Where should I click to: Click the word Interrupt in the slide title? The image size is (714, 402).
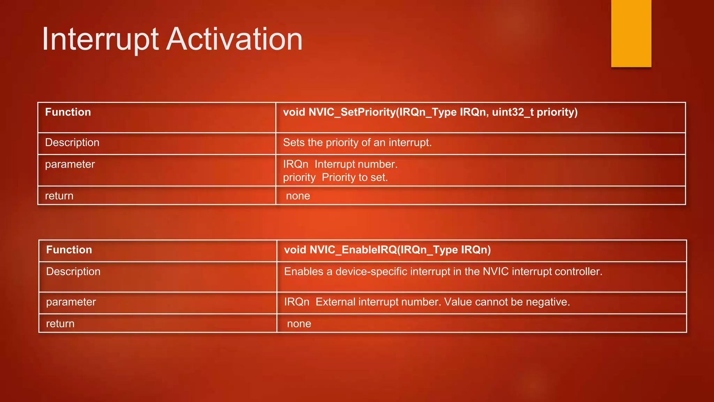(x=100, y=39)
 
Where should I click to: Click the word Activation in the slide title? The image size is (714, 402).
(x=234, y=39)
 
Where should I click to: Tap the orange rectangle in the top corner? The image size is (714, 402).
(x=631, y=33)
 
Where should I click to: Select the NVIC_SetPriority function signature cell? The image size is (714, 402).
(x=430, y=112)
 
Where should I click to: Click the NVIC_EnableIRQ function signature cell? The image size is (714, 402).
(x=387, y=250)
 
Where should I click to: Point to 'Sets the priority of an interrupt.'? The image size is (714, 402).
(x=357, y=143)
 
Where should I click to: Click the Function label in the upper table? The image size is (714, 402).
(x=68, y=112)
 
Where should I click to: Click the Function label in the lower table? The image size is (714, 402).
(x=69, y=250)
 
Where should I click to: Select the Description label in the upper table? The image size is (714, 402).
(x=72, y=143)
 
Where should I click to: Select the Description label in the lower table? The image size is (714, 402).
(x=73, y=272)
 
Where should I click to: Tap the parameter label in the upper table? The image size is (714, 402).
(x=70, y=164)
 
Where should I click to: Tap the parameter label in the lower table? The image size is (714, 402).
(x=71, y=302)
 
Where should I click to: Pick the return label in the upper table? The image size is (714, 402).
(x=59, y=196)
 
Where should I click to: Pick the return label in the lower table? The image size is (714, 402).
(x=60, y=324)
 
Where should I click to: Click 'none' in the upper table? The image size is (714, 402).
(x=298, y=196)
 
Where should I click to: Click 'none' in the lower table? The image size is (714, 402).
(x=299, y=324)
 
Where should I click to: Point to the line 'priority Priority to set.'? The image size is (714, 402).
(x=335, y=178)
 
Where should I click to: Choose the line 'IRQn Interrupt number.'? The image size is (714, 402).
(x=340, y=164)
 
